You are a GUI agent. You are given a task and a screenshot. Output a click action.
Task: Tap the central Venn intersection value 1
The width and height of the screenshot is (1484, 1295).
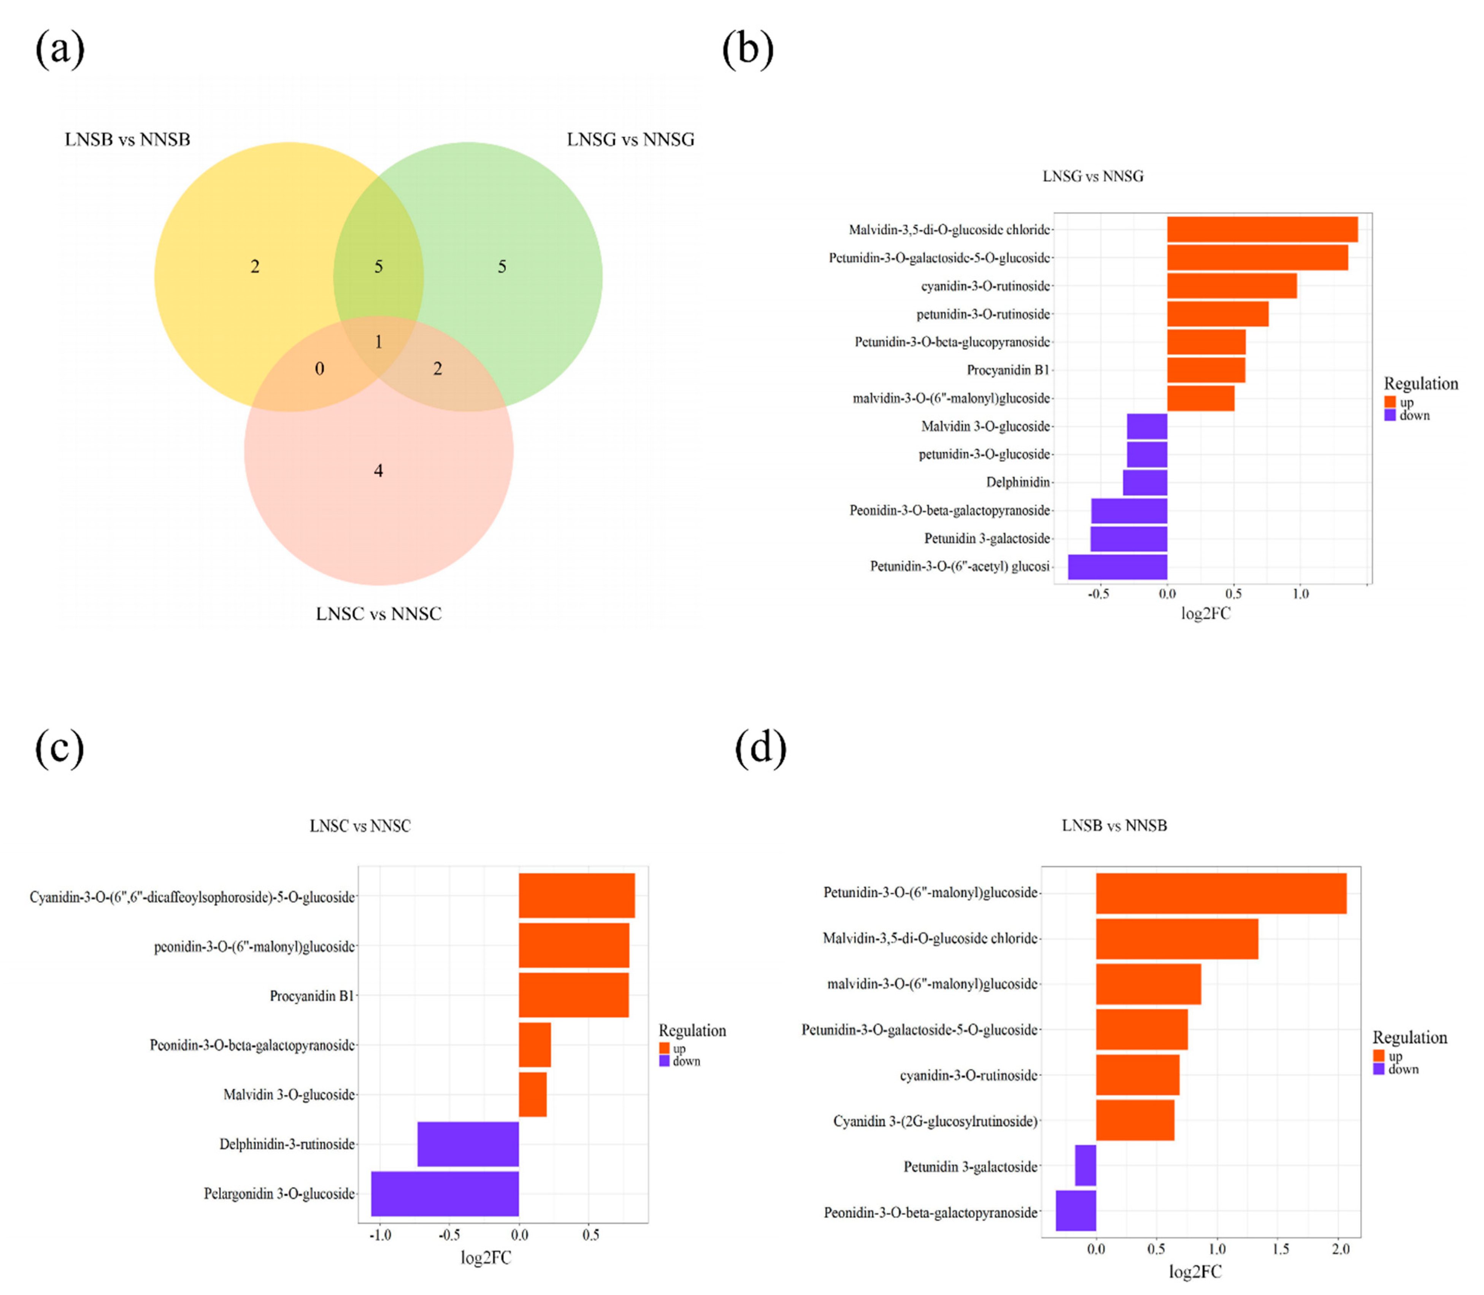(378, 342)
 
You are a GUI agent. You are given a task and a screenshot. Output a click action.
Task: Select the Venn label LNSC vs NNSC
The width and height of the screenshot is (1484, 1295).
(379, 613)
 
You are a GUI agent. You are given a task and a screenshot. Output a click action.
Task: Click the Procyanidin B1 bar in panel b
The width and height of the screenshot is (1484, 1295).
(1206, 370)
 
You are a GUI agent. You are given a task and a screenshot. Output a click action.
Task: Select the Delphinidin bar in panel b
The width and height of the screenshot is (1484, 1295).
(1145, 482)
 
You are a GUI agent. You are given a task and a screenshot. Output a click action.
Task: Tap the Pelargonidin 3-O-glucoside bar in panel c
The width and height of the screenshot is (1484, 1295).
(445, 1194)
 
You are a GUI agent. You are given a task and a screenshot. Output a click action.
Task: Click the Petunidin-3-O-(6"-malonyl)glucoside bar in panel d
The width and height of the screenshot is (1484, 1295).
(1221, 893)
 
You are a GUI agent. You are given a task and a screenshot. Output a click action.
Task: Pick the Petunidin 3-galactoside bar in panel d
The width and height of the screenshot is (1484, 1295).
(1085, 1166)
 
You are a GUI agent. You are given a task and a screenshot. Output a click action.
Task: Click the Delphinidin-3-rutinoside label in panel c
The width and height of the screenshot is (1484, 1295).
(287, 1144)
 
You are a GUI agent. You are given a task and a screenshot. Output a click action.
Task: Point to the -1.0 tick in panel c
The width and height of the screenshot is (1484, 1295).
(380, 1235)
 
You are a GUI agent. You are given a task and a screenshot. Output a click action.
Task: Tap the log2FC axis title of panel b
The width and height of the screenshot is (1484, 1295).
(1205, 613)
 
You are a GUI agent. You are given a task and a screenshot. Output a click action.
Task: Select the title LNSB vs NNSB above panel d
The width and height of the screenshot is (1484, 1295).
(1114, 825)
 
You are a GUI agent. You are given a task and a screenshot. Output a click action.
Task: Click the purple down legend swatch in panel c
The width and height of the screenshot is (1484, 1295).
(664, 1061)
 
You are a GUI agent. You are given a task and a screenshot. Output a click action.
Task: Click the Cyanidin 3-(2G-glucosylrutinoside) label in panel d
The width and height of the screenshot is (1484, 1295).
(935, 1121)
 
